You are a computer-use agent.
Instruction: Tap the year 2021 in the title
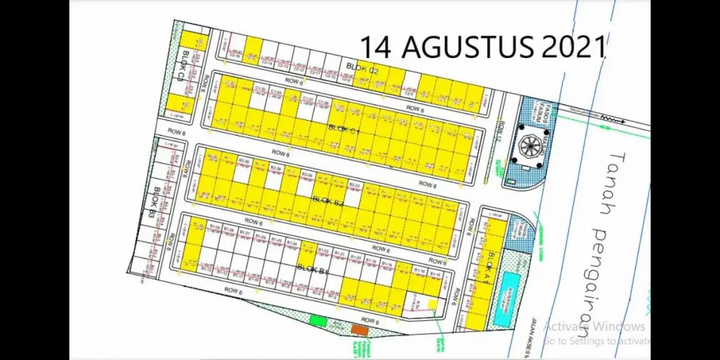click(x=573, y=47)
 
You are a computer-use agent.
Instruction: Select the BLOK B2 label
click(x=328, y=201)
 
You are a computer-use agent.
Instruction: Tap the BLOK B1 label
click(x=313, y=269)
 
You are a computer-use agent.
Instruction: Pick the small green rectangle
click(x=318, y=321)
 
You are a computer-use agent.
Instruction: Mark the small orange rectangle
click(x=359, y=329)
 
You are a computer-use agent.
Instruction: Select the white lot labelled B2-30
click(x=242, y=171)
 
